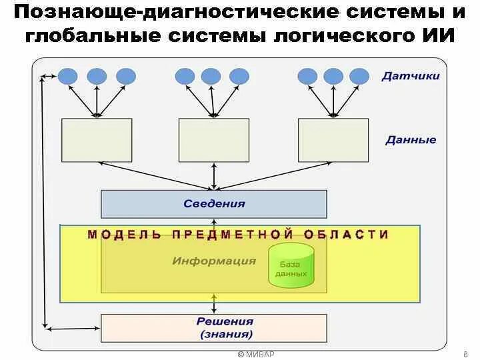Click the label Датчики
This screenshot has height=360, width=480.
[x=411, y=76]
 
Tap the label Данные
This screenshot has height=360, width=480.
[x=411, y=140]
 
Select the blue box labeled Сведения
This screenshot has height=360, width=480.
[x=214, y=204]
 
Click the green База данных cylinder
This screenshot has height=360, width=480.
[x=291, y=265]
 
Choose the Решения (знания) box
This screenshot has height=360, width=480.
[x=214, y=328]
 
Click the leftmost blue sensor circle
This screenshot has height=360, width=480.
[x=67, y=76]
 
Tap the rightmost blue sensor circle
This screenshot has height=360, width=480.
[x=359, y=76]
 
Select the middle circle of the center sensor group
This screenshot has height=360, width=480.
[x=211, y=76]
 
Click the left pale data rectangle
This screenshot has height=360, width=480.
[x=97, y=140]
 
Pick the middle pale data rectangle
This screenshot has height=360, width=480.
[x=214, y=140]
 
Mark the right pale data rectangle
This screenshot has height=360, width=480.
[x=333, y=140]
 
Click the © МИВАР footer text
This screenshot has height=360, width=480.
[x=256, y=354]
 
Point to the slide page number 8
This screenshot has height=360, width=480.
[x=464, y=354]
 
